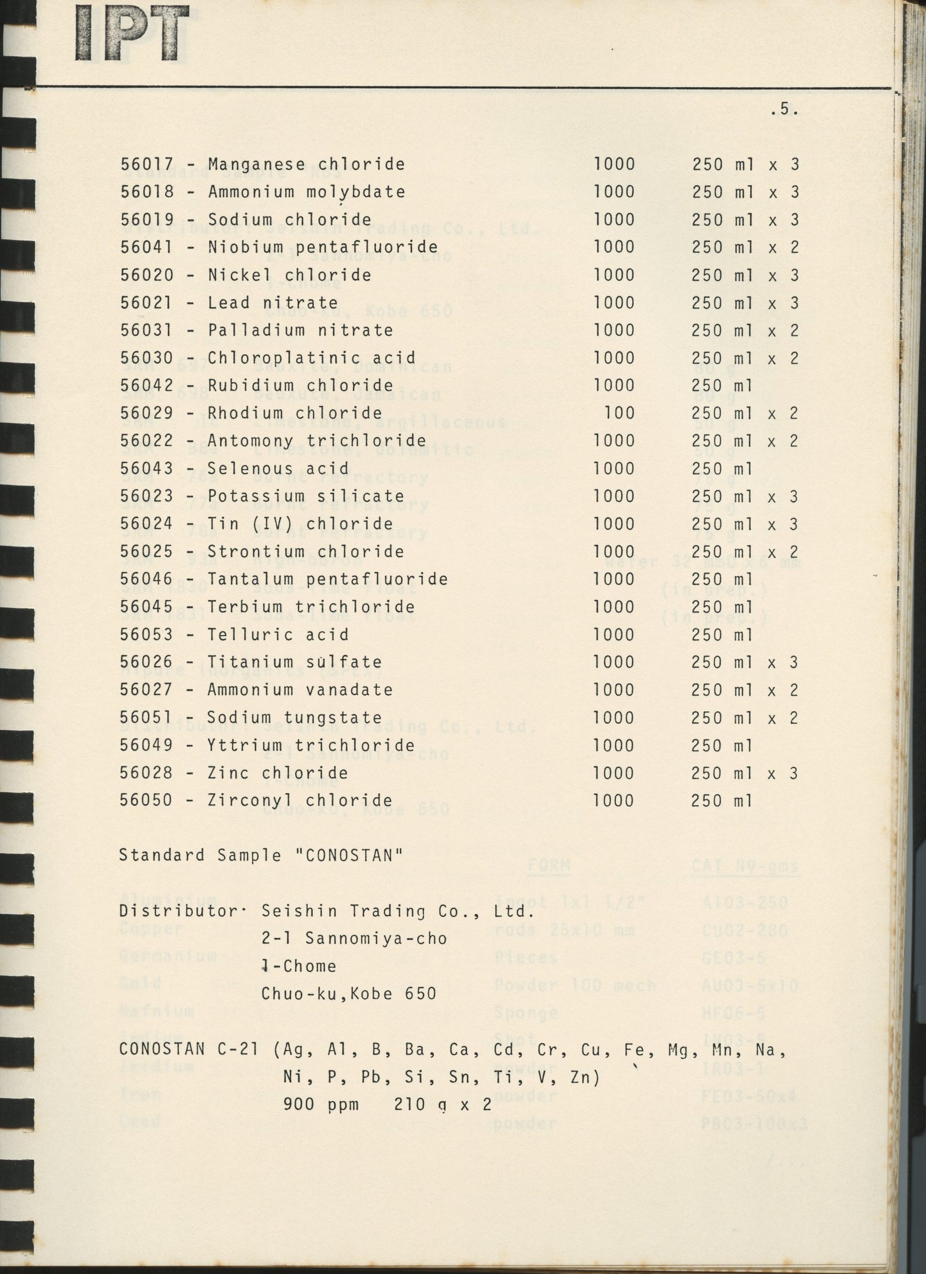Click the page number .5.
pyautogui.click(x=784, y=110)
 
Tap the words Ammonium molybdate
pyautogui.click(x=306, y=192)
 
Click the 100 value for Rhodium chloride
pyautogui.click(x=619, y=413)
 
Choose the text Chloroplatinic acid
pyautogui.click(x=311, y=358)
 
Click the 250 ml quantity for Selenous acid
pyautogui.click(x=721, y=468)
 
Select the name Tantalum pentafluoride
pyautogui.click(x=328, y=579)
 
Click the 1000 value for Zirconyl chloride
pyautogui.click(x=613, y=800)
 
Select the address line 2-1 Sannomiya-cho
pyautogui.click(x=354, y=939)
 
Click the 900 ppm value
pyautogui.click(x=321, y=1105)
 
